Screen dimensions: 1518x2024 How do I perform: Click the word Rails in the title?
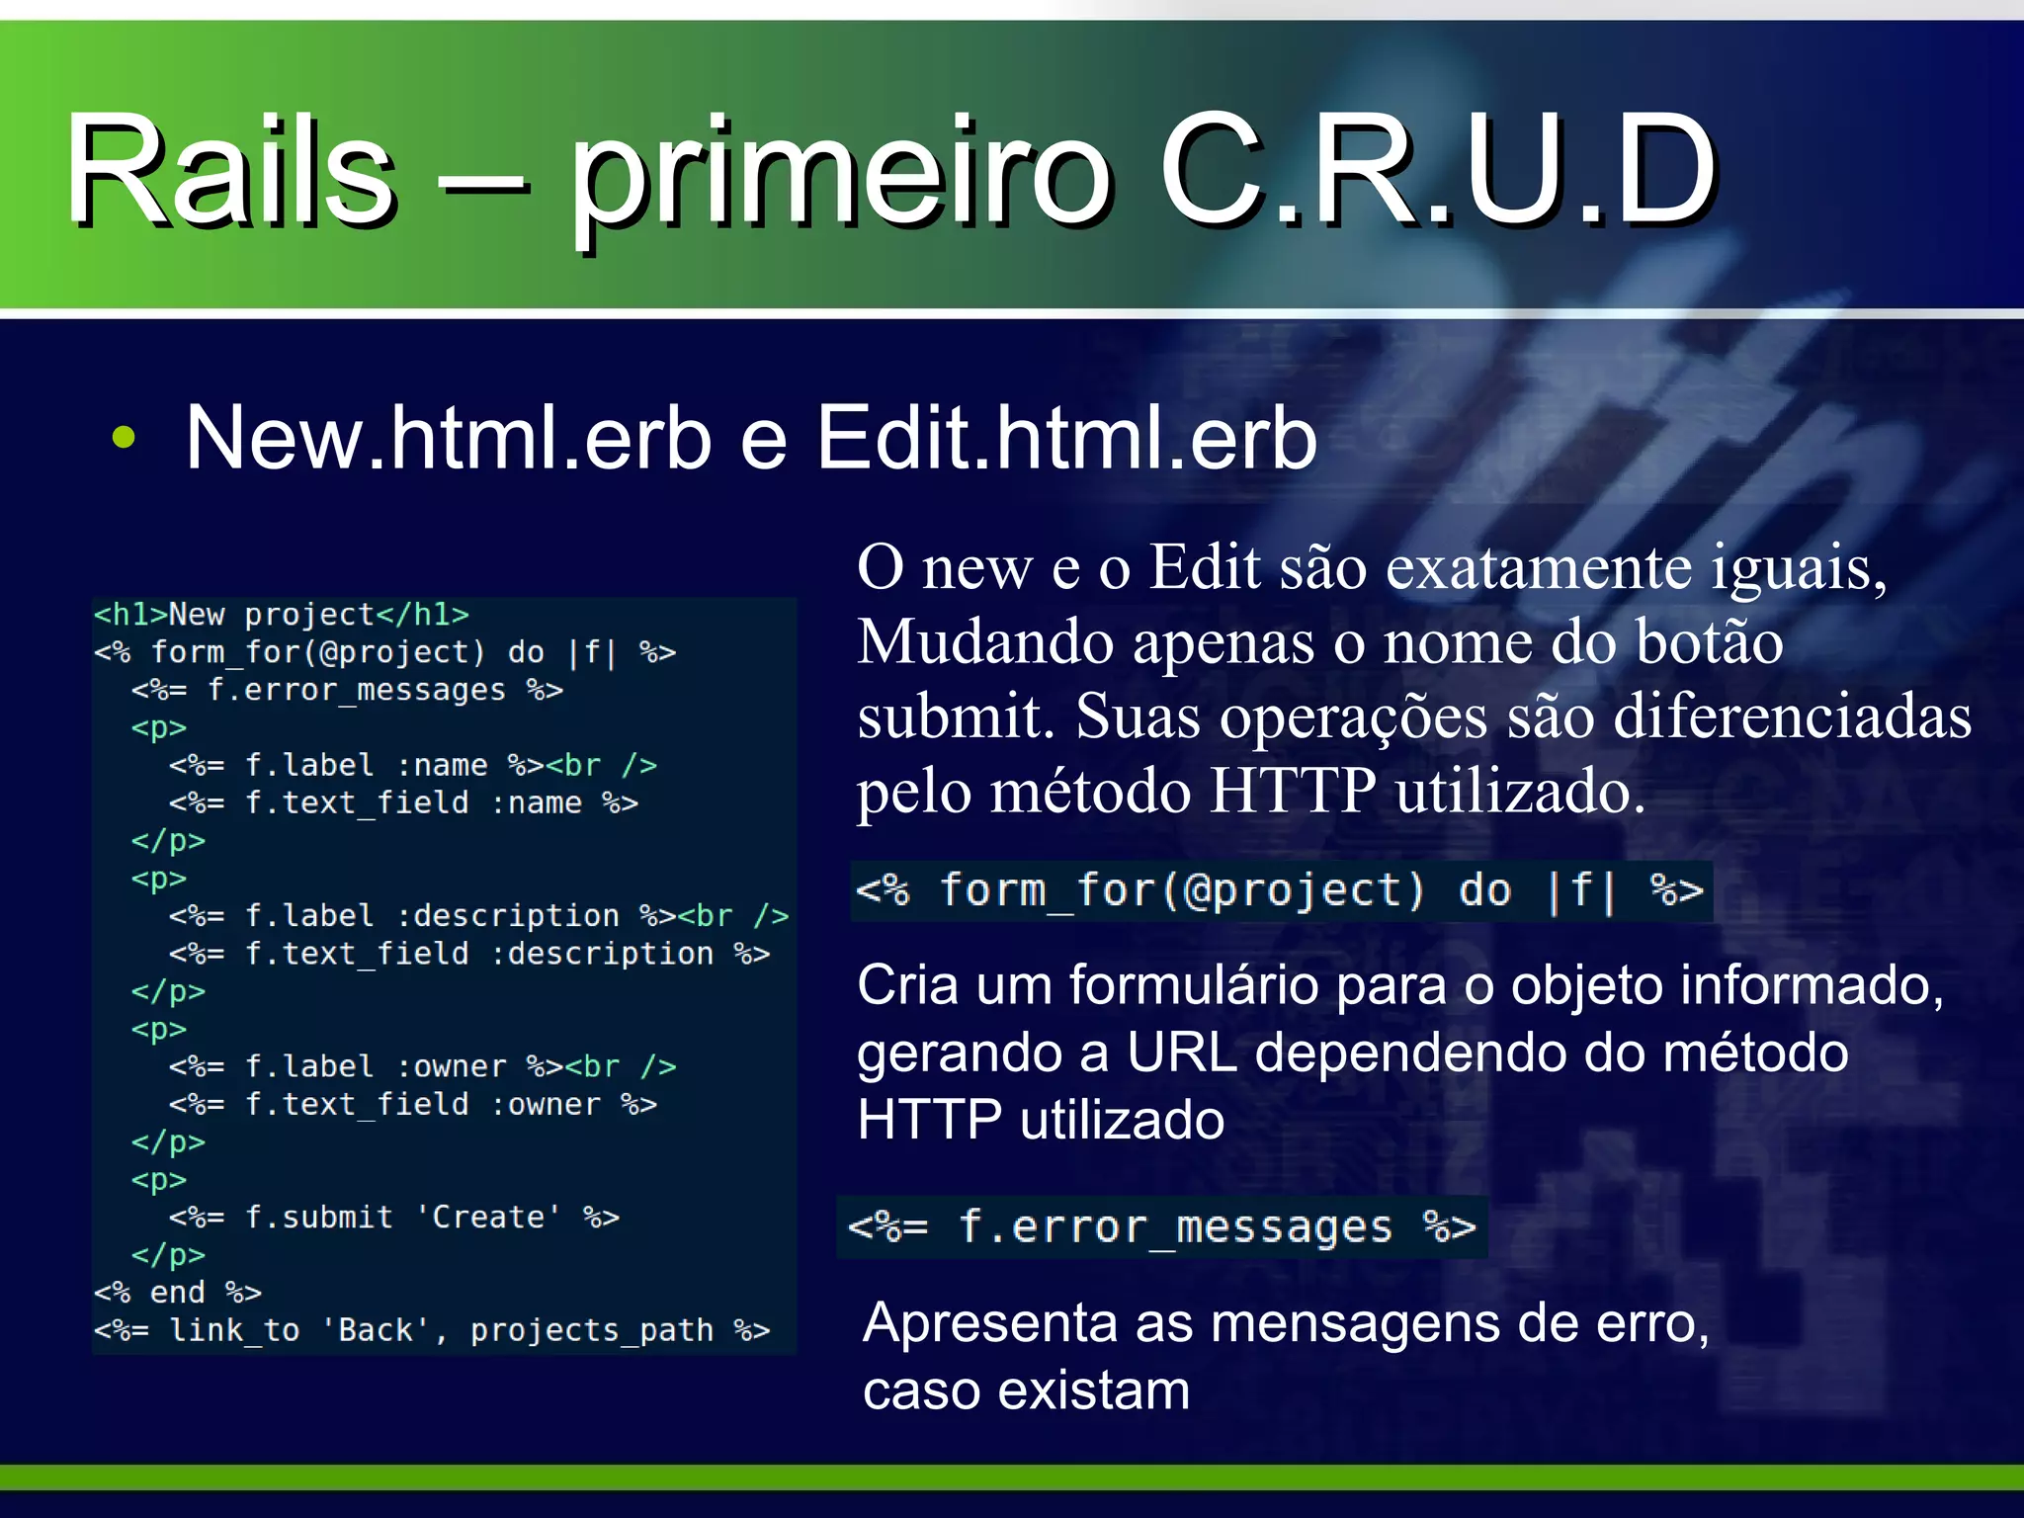pos(230,170)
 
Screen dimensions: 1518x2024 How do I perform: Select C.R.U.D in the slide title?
pos(1437,170)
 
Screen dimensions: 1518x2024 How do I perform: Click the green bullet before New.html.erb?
pos(124,437)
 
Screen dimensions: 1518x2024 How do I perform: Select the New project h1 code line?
pos(282,615)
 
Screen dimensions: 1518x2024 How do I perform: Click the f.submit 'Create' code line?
pos(393,1217)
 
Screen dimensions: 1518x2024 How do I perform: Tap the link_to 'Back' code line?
pos(431,1330)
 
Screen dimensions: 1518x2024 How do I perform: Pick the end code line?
pos(178,1293)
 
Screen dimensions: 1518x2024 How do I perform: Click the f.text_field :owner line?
pos(412,1104)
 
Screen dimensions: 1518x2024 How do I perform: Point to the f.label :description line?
pos(478,916)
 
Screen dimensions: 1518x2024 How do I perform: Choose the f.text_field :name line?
pos(403,802)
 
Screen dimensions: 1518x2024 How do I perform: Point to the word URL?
pos(1182,1053)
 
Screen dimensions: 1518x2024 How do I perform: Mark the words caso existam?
pos(1026,1391)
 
